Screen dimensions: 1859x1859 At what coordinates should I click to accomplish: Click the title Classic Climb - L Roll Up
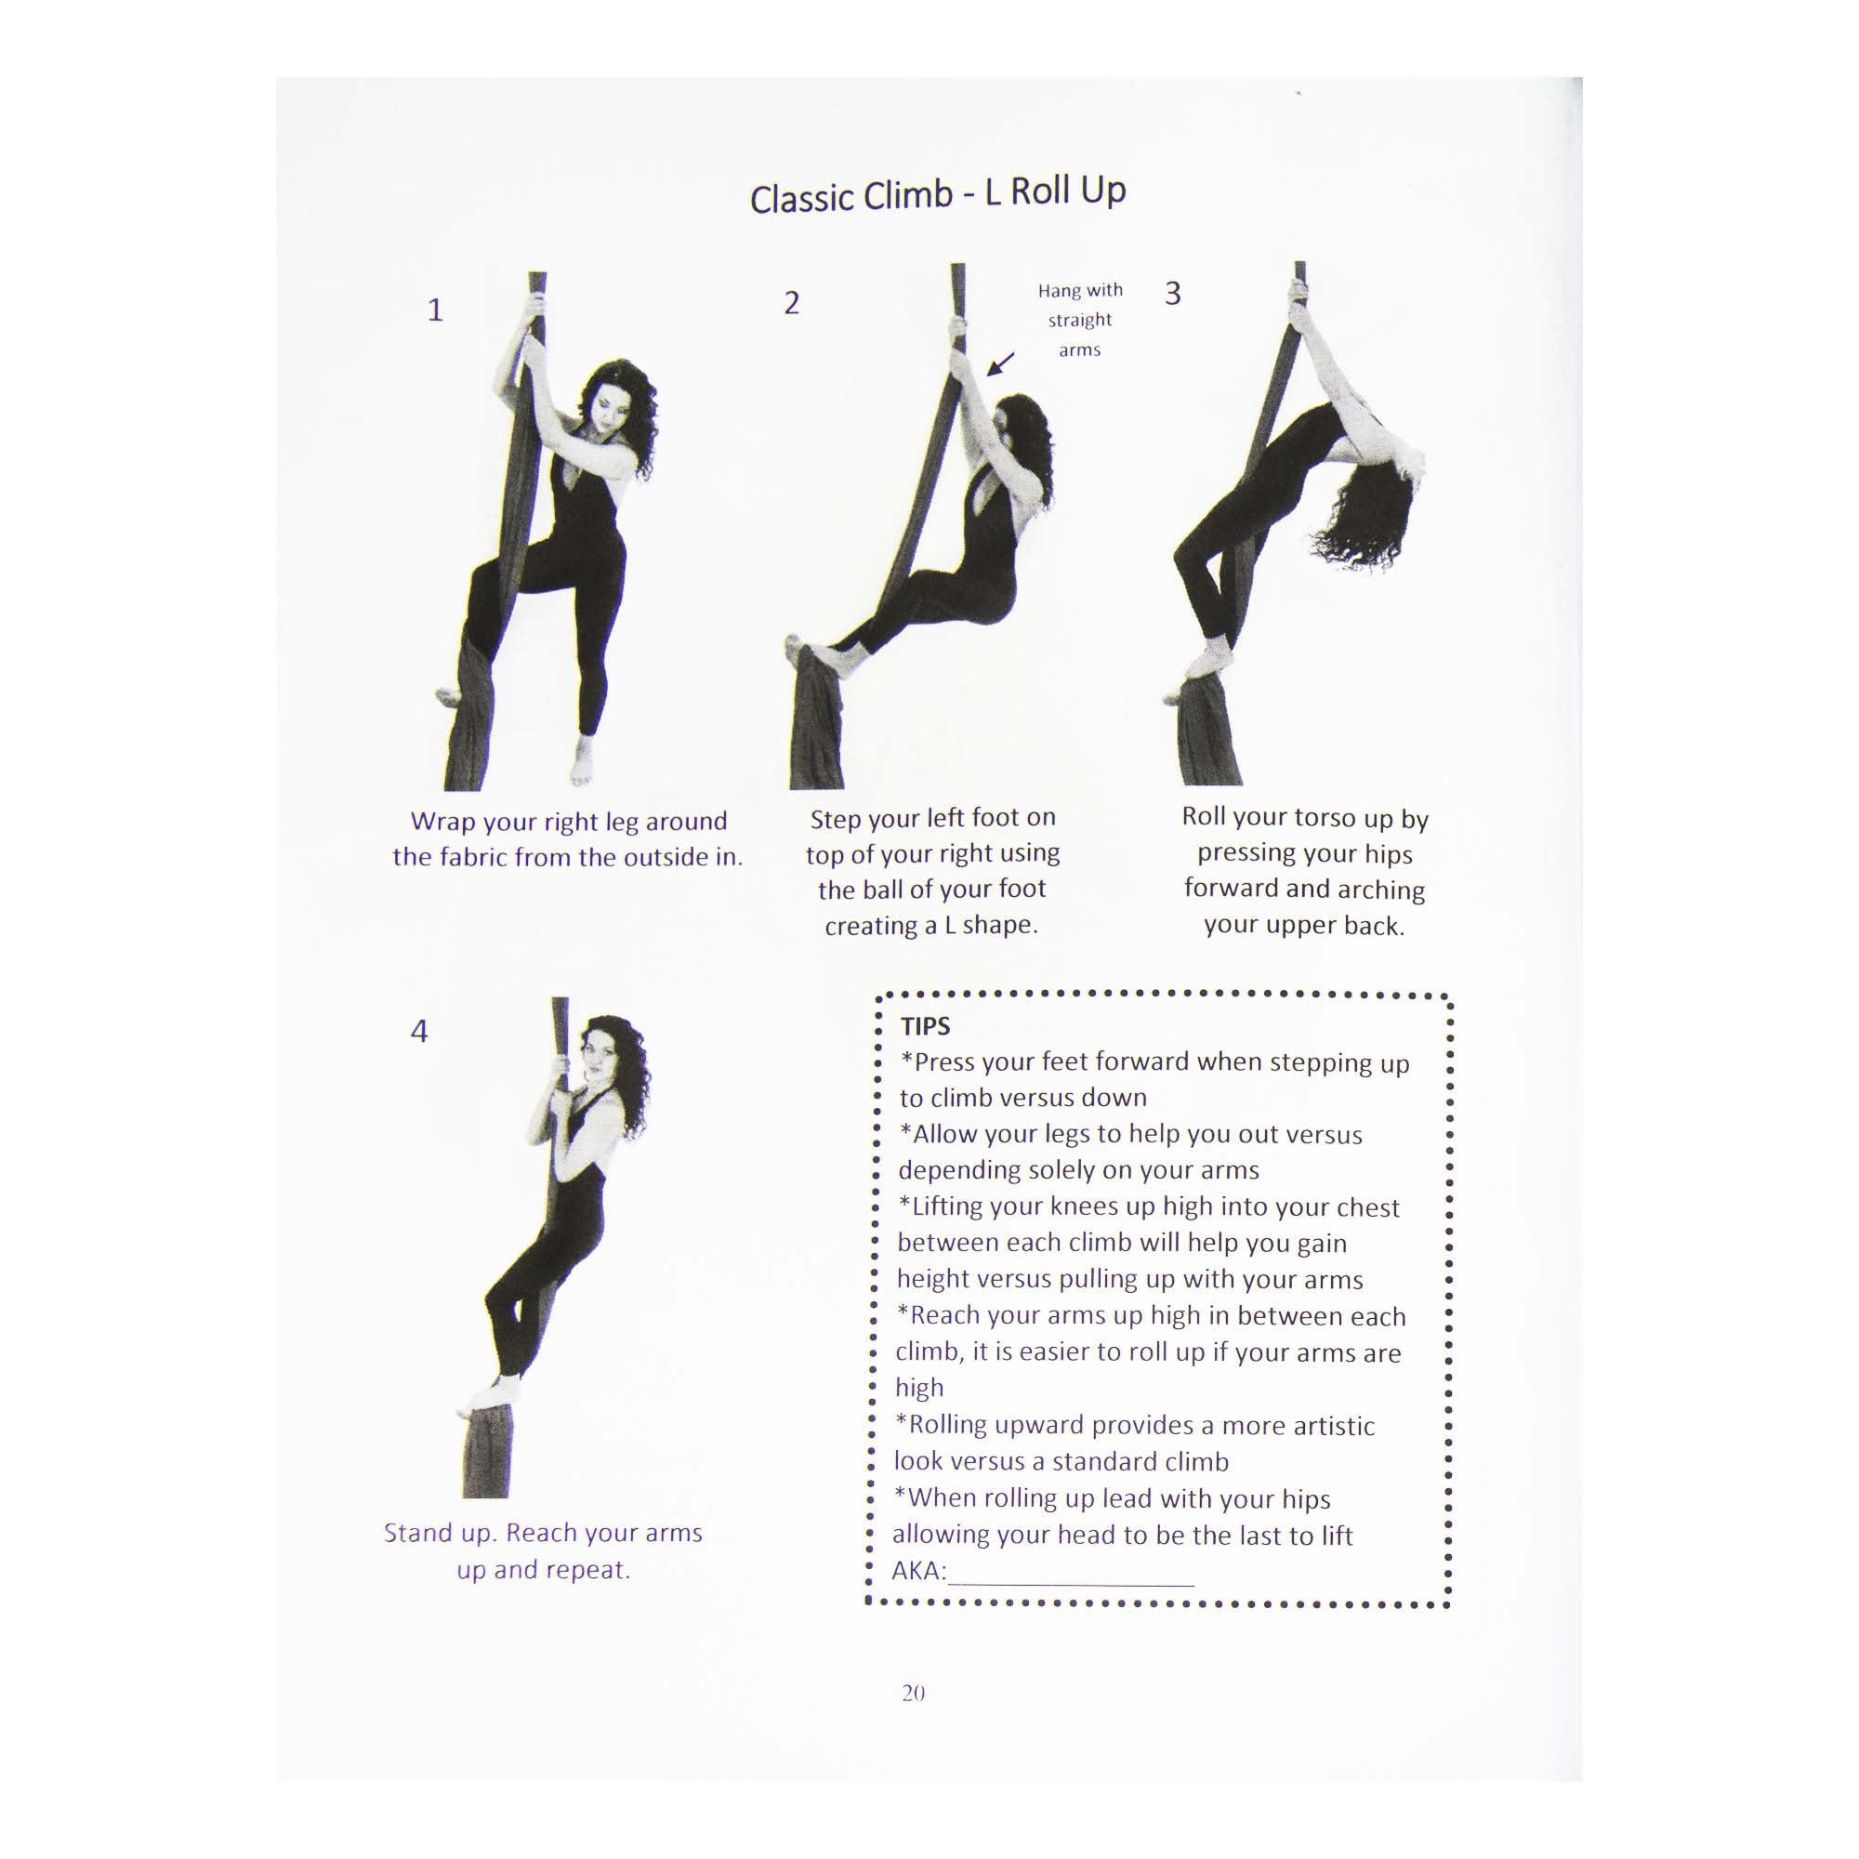pyautogui.click(x=937, y=194)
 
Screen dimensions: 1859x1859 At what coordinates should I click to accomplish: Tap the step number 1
pyautogui.click(x=435, y=310)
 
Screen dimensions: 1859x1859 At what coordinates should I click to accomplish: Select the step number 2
pyautogui.click(x=791, y=303)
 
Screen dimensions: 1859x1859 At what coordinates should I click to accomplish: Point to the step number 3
pyautogui.click(x=1172, y=294)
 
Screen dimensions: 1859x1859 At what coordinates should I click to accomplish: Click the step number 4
pyautogui.click(x=418, y=1032)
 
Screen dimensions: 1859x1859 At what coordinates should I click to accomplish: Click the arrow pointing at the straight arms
pyautogui.click(x=1001, y=363)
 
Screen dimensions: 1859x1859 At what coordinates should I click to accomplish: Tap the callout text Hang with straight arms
pyautogui.click(x=1079, y=320)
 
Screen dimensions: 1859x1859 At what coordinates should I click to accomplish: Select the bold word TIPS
pyautogui.click(x=925, y=1027)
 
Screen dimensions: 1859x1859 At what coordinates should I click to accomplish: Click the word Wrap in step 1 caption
pyautogui.click(x=442, y=822)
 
